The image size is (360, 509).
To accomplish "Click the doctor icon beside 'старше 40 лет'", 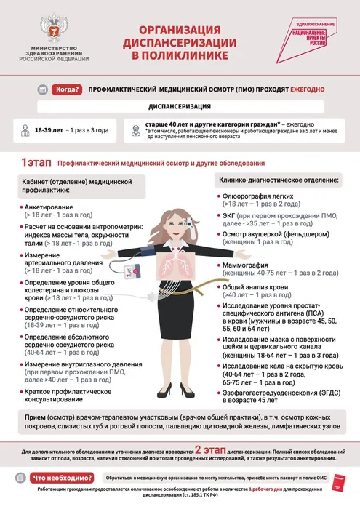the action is coord(135,130).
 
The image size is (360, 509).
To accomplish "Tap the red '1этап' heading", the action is coord(36,163).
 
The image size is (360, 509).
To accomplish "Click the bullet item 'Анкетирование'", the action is coord(49,207).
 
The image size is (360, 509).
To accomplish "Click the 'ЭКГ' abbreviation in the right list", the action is coord(231,217).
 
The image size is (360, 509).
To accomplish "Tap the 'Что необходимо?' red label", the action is coord(64,478).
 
